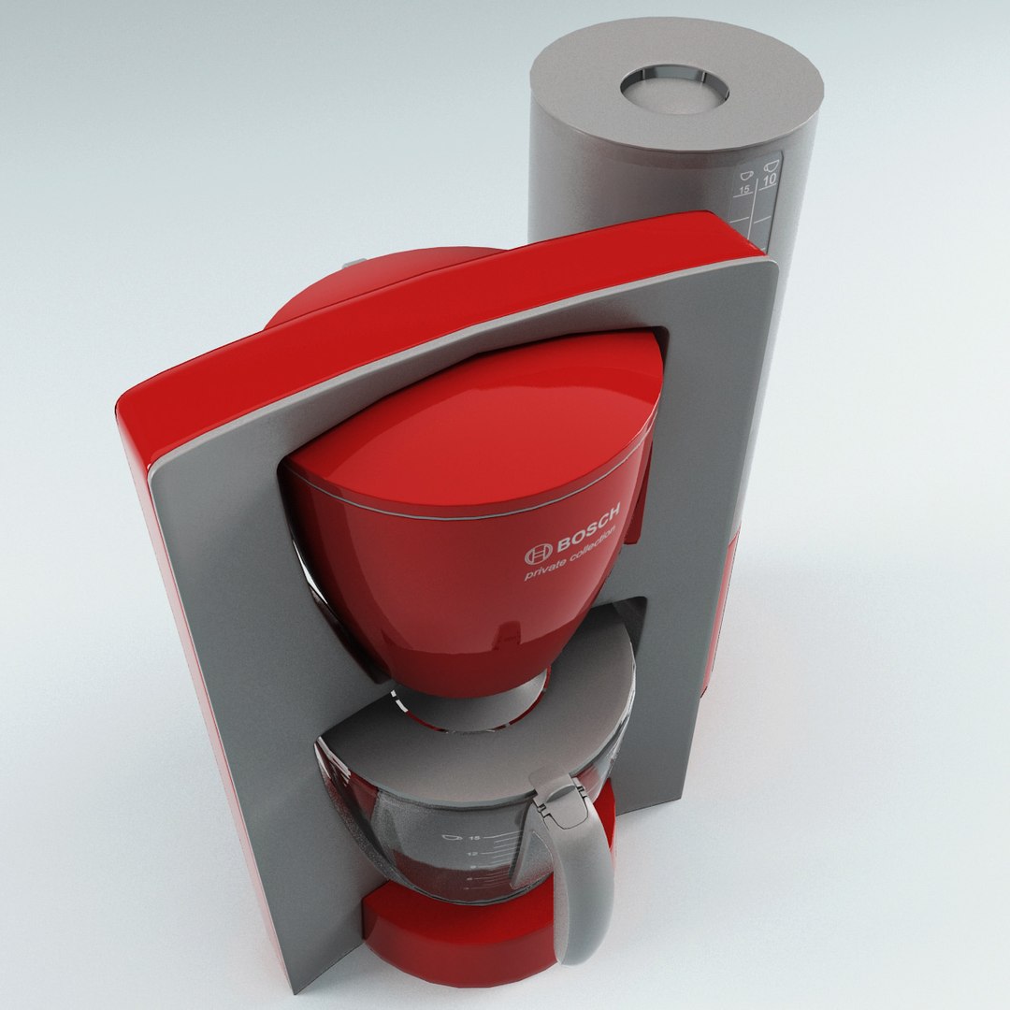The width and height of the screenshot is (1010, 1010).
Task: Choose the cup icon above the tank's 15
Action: click(x=745, y=174)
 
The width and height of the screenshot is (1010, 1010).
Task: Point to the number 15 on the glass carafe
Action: click(x=475, y=838)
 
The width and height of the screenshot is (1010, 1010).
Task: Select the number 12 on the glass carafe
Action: click(x=473, y=855)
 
